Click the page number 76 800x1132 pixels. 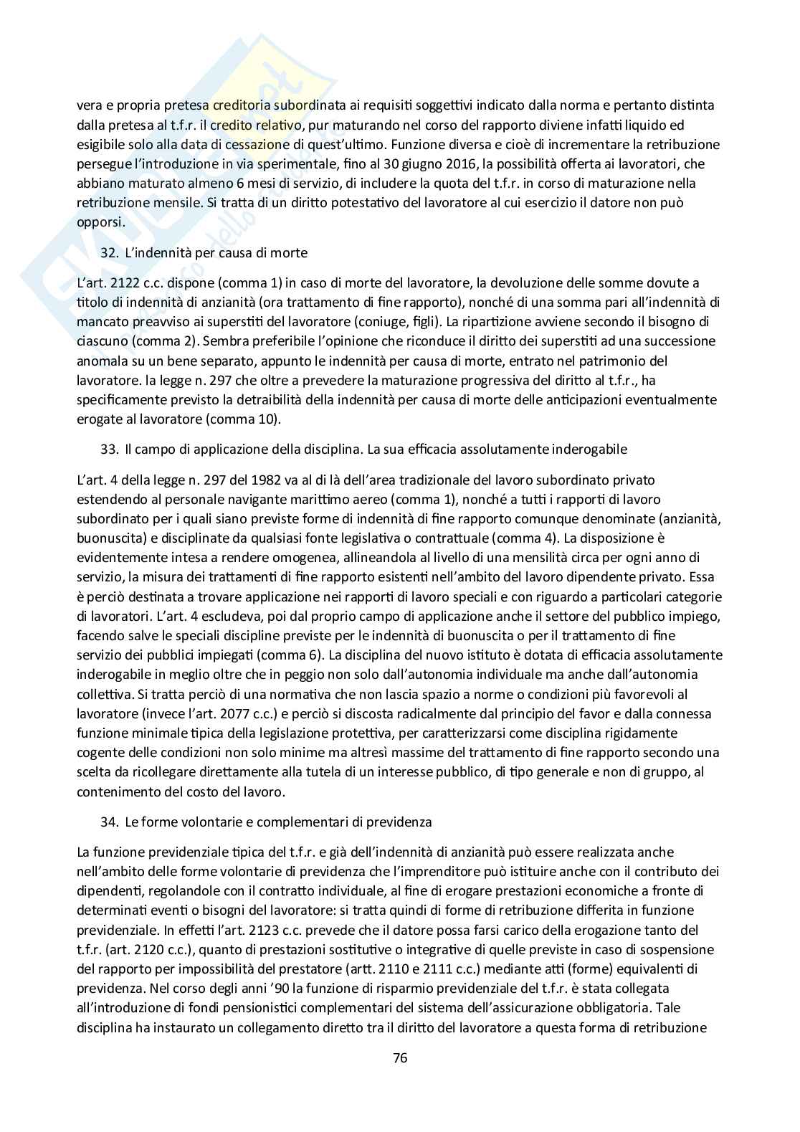tap(400, 1057)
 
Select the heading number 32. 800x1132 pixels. tap(108, 252)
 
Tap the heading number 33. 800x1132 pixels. tap(108, 450)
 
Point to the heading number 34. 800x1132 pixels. tap(108, 822)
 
